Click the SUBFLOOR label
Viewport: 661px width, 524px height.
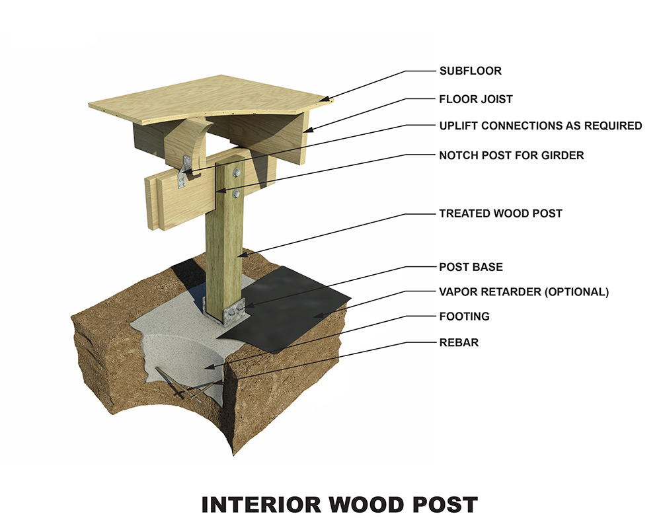point(469,71)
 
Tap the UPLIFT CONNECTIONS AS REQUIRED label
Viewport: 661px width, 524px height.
point(540,126)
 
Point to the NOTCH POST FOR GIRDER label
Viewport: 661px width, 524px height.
point(512,156)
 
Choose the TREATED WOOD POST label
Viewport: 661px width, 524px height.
point(500,213)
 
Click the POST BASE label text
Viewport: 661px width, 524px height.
point(471,267)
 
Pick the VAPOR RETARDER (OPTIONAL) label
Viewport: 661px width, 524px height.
point(524,292)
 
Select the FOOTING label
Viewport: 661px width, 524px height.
point(464,317)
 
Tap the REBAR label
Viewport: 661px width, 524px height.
point(458,343)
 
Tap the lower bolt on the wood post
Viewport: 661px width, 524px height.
point(237,194)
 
